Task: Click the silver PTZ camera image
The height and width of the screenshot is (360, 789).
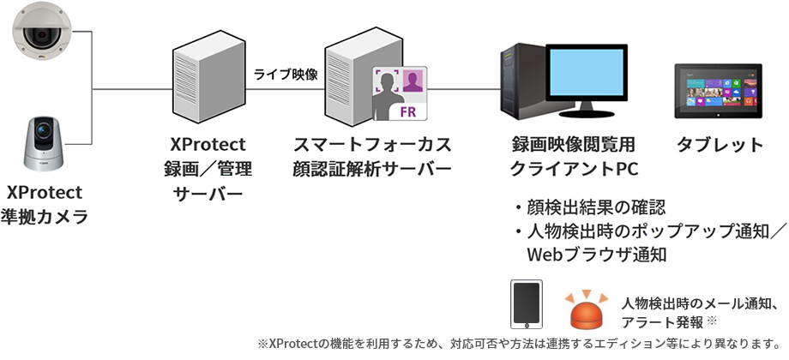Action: [x=47, y=142]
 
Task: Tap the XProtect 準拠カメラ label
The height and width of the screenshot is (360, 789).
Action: [x=48, y=203]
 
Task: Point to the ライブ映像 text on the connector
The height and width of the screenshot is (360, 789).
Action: [x=286, y=75]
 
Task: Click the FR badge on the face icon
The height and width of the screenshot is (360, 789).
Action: [x=410, y=112]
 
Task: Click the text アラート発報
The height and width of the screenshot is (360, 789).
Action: [x=661, y=321]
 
